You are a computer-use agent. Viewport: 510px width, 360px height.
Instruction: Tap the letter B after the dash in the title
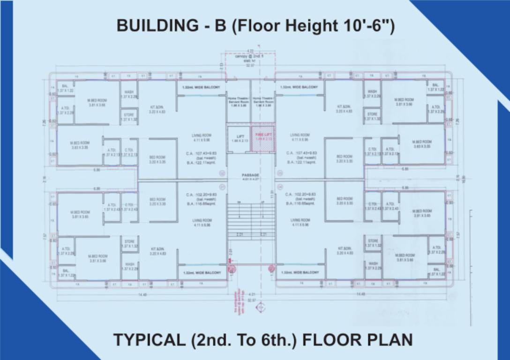coord(220,25)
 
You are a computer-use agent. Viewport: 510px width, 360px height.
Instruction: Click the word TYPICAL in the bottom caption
coord(149,339)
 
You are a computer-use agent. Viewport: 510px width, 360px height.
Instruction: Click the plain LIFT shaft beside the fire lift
coord(238,139)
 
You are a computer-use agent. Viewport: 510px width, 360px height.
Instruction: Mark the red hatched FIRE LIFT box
coord(263,139)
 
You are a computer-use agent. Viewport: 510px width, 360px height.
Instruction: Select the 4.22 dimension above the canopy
coord(250,51)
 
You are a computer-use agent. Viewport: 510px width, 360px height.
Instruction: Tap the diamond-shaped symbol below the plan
coord(260,307)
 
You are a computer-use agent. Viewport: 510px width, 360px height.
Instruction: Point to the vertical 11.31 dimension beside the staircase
coord(271,195)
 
